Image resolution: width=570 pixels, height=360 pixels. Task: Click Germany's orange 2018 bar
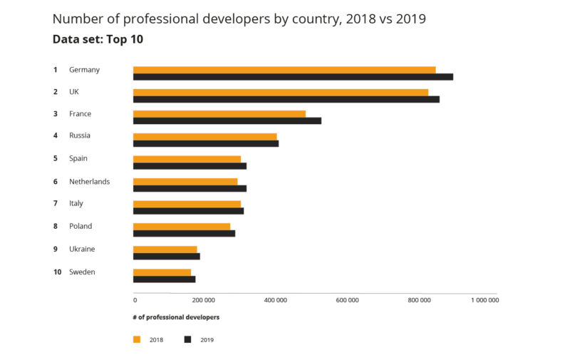284,70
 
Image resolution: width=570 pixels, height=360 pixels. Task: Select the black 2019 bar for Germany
293,77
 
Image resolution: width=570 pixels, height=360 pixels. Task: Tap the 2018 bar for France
219,114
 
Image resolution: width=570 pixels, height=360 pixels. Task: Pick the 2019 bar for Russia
206,143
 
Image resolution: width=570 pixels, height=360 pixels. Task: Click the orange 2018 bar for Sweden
162,272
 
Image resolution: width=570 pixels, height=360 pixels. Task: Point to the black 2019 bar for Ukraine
167,257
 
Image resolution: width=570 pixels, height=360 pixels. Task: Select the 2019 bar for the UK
286,99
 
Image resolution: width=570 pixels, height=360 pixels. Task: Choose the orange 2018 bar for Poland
182,227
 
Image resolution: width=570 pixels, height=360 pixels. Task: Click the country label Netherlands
89,182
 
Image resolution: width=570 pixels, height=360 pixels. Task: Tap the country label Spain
78,158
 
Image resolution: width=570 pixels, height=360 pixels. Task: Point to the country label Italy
76,203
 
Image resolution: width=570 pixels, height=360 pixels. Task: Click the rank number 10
57,272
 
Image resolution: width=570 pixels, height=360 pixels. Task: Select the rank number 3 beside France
55,113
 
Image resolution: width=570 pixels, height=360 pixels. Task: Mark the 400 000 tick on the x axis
276,300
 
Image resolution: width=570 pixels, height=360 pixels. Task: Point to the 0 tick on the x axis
135,300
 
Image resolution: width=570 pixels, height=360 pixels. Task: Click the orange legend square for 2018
137,339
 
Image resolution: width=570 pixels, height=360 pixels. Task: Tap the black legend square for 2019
188,339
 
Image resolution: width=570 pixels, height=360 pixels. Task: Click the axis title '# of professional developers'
176,317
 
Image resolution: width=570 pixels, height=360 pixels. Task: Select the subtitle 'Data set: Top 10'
98,39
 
